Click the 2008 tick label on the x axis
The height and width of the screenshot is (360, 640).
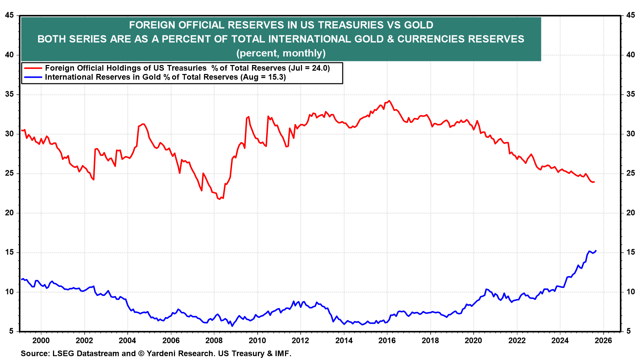pyautogui.click(x=214, y=340)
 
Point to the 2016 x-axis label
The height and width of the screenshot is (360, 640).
pyautogui.click(x=387, y=340)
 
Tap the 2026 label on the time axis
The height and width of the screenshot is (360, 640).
pyautogui.click(x=603, y=340)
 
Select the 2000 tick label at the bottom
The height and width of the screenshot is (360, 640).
pyautogui.click(x=41, y=340)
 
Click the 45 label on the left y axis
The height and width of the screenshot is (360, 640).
pyautogui.click(x=10, y=15)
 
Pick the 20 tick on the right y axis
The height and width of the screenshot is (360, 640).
pyautogui.click(x=630, y=213)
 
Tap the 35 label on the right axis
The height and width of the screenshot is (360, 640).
pyautogui.click(x=630, y=94)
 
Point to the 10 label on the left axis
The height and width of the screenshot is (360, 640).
pyautogui.click(x=10, y=292)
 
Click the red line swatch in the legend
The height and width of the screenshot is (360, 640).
pyautogui.click(x=33, y=68)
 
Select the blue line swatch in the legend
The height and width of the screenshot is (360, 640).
pyautogui.click(x=33, y=77)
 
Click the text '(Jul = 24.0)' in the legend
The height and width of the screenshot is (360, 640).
pyautogui.click(x=309, y=68)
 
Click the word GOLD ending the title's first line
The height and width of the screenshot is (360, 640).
pyautogui.click(x=419, y=25)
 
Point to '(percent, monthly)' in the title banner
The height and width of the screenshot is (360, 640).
pyautogui.click(x=281, y=53)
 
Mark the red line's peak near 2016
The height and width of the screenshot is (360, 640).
pyautogui.click(x=389, y=101)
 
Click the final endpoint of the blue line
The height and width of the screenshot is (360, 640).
pyautogui.click(x=596, y=251)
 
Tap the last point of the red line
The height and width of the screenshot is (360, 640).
pyautogui.click(x=594, y=182)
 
